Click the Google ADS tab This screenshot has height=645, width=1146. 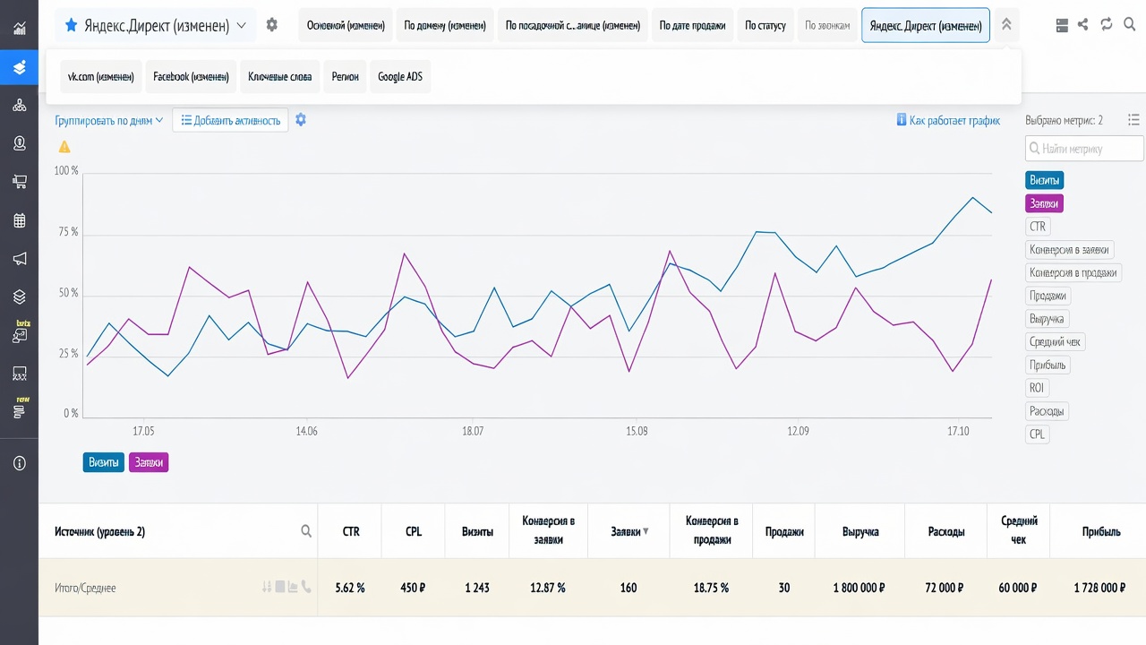(x=400, y=77)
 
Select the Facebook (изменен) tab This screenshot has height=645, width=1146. (x=191, y=77)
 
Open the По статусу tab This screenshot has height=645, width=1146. (x=765, y=25)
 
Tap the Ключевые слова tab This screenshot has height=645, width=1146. (x=280, y=77)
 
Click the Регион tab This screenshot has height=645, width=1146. (x=345, y=77)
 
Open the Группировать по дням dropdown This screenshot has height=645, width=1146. (x=108, y=120)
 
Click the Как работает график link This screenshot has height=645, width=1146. (x=948, y=120)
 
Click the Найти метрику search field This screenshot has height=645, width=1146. (x=1084, y=149)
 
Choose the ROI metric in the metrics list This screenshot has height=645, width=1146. (x=1037, y=388)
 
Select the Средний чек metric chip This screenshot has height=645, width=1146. (x=1055, y=342)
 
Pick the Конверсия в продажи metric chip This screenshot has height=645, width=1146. (x=1073, y=273)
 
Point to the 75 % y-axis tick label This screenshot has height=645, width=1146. (x=68, y=232)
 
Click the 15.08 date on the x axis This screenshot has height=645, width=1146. (x=637, y=431)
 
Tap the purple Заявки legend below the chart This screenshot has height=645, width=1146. (x=149, y=462)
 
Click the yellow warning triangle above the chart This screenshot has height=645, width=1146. (x=64, y=147)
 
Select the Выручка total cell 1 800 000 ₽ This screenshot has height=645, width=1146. (x=859, y=588)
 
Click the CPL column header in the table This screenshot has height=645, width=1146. (x=414, y=531)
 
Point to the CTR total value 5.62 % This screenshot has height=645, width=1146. (x=350, y=588)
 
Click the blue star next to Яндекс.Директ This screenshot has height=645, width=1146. (x=71, y=24)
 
